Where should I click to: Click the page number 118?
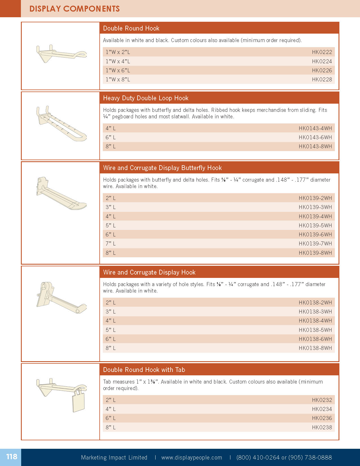click(x=12, y=457)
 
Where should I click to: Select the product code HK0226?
click(x=322, y=70)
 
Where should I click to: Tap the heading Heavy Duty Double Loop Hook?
click(x=146, y=98)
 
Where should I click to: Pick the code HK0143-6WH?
click(x=315, y=137)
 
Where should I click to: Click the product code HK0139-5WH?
click(x=315, y=225)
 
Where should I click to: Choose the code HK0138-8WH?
click(x=315, y=348)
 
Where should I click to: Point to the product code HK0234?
click(x=322, y=409)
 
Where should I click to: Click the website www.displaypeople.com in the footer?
click(x=192, y=458)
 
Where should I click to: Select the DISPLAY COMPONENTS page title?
click(x=75, y=9)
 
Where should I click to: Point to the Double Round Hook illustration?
click(x=61, y=53)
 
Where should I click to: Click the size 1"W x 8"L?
click(x=118, y=80)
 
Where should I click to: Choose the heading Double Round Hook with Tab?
click(x=144, y=370)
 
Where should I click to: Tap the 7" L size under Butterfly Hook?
click(x=111, y=243)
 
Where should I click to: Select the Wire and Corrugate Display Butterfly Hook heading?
click(x=162, y=168)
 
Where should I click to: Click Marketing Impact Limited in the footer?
click(x=114, y=458)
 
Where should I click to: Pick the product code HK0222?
click(x=322, y=52)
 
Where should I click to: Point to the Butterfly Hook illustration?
click(x=61, y=194)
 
